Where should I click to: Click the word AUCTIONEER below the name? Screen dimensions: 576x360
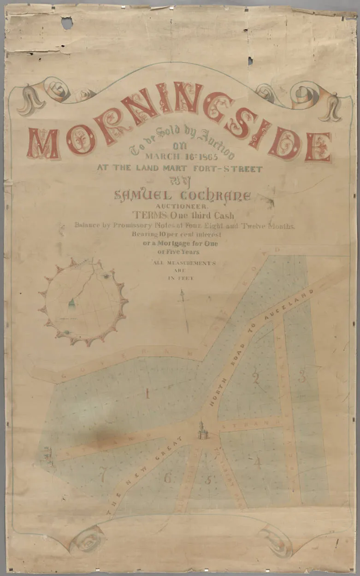[181, 207]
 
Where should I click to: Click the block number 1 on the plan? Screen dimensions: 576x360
[147, 394]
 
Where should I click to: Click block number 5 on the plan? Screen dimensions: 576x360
[208, 480]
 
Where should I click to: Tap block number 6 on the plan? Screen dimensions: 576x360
[168, 478]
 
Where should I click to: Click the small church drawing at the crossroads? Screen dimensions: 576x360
[201, 430]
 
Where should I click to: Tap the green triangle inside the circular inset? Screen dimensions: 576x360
[71, 303]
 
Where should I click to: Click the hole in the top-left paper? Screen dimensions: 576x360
[67, 23]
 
